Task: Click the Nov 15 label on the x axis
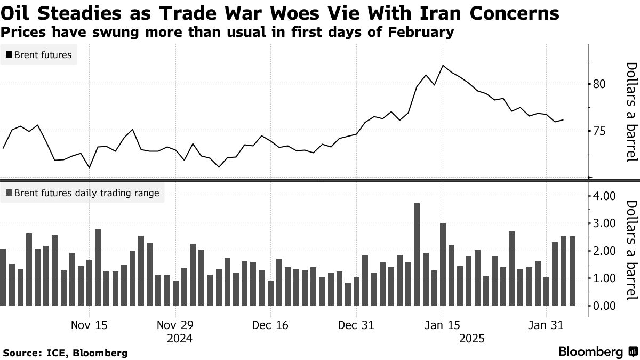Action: pyautogui.click(x=89, y=325)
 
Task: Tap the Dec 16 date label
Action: pyautogui.click(x=271, y=325)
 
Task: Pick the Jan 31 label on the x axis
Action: pyautogui.click(x=546, y=325)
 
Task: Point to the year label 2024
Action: pyautogui.click(x=179, y=338)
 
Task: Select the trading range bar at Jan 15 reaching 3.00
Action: pyautogui.click(x=443, y=264)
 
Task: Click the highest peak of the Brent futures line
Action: pyautogui.click(x=443, y=66)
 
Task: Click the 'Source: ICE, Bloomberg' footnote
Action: pyautogui.click(x=65, y=353)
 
